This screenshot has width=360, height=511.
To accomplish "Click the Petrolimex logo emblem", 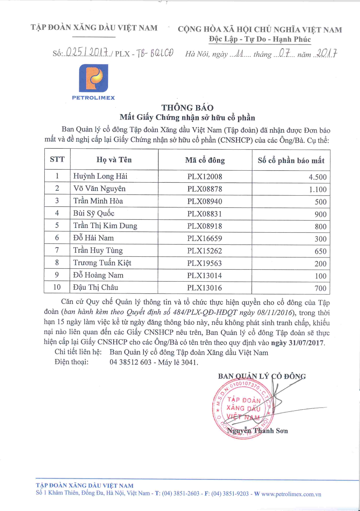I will point(93,78).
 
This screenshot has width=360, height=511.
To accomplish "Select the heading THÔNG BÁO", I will point(187,108).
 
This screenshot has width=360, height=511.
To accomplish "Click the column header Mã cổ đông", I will point(205,160).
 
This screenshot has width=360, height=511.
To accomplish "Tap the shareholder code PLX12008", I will point(205,177).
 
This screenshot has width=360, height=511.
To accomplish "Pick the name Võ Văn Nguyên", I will point(99,189).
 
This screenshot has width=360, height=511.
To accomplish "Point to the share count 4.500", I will point(318,177).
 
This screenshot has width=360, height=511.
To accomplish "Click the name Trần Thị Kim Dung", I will point(105,226).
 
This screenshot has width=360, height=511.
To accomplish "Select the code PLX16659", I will point(205,239).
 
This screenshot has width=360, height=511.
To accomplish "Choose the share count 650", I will point(320,251).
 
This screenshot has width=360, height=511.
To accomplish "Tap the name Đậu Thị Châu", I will point(95,288).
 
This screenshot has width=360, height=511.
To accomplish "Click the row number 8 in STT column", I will point(57,263).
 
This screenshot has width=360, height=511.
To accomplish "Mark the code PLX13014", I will point(205,276).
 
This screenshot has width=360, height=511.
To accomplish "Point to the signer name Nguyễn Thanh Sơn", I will point(257,431).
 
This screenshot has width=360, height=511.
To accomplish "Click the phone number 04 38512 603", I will point(130,362).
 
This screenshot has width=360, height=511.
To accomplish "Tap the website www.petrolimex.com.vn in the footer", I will point(291,494).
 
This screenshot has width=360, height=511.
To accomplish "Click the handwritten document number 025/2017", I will point(87,53).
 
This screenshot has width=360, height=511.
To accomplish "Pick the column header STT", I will point(57,159).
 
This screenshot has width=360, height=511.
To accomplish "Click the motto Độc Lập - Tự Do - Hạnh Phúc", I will point(260,39).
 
